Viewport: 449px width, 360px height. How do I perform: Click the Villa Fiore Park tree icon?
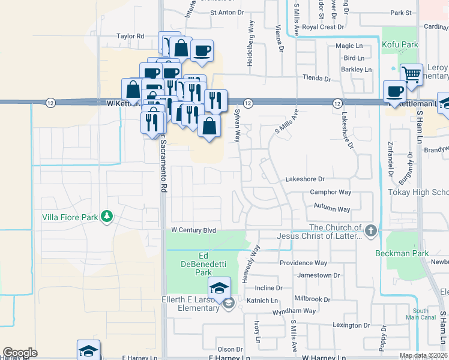[x=107, y=215]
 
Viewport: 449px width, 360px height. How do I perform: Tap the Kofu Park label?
[x=402, y=44]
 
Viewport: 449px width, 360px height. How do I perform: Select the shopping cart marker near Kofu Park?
[x=411, y=75]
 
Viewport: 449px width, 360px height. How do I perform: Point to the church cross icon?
[x=372, y=230]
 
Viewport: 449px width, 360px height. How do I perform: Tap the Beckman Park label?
[x=402, y=253]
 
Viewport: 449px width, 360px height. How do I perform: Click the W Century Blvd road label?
[x=193, y=230]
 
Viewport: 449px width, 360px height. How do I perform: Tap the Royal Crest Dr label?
[x=323, y=27]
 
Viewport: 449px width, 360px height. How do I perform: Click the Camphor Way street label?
[x=330, y=193]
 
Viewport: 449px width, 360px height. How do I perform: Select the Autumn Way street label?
[x=331, y=209]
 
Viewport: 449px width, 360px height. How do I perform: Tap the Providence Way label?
[x=304, y=263]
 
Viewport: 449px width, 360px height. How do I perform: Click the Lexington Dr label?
[x=351, y=325]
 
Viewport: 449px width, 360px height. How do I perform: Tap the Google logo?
[x=20, y=353]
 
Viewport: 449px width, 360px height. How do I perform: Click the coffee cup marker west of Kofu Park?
[x=394, y=91]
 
